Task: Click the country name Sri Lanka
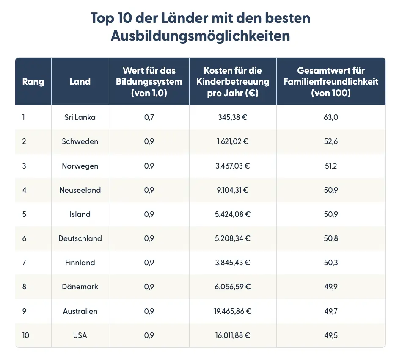tap(80, 117)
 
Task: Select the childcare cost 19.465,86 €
tap(232, 311)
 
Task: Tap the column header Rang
tap(33, 81)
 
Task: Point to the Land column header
tap(80, 81)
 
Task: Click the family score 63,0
tap(331, 117)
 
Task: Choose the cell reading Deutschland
tap(80, 238)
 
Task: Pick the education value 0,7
tap(149, 117)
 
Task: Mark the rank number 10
tap(26, 335)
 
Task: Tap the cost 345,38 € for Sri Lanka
tap(232, 117)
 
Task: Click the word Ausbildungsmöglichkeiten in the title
tap(201, 36)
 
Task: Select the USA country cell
tap(80, 335)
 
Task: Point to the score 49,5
tap(331, 335)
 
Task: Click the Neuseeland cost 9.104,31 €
tap(232, 190)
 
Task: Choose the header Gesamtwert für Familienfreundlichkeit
tap(331, 81)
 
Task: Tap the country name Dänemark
tap(80, 287)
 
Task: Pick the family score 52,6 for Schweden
tap(331, 141)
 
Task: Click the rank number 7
tap(24, 263)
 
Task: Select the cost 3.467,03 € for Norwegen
tap(232, 166)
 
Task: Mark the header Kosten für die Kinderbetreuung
tap(232, 81)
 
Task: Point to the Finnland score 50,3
tap(331, 263)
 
